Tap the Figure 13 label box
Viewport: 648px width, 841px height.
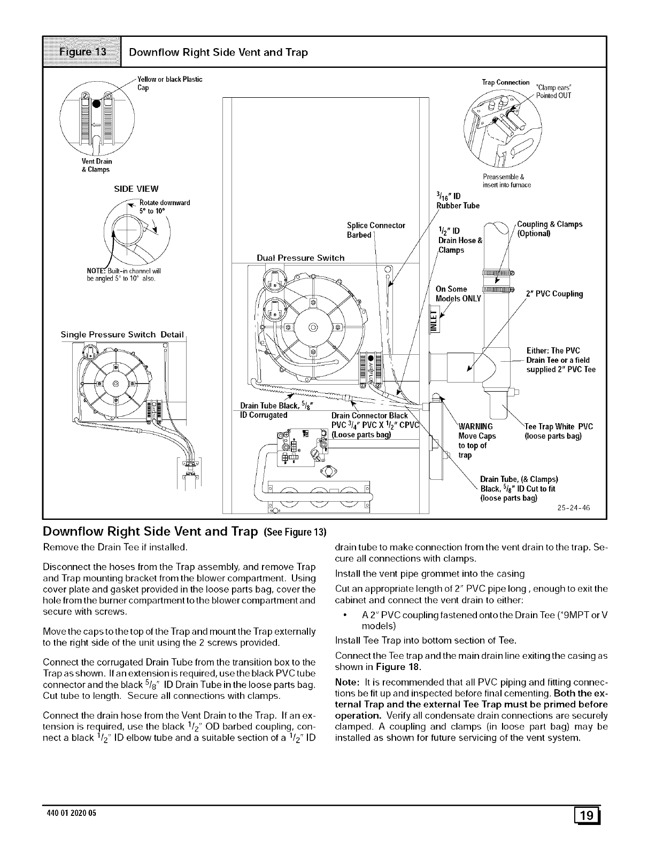coord(82,52)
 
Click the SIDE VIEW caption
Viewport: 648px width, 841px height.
coord(136,189)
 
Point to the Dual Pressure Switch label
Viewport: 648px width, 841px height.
coord(300,258)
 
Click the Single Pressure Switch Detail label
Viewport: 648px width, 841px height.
coord(122,335)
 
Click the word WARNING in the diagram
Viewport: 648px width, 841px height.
coord(476,426)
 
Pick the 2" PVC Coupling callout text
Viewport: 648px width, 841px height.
coord(554,294)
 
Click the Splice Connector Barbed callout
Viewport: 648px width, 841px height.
coord(376,230)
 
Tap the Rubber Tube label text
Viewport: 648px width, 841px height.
coord(458,206)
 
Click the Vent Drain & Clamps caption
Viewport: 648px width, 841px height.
coord(96,165)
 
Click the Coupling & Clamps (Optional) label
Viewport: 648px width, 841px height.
coord(550,229)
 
